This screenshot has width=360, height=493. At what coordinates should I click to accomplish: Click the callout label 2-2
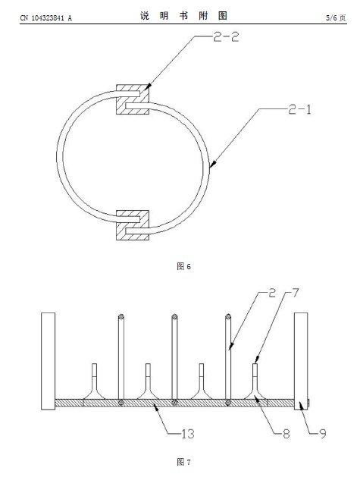pos(226,37)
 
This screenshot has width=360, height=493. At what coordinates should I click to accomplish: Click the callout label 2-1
pos(299,109)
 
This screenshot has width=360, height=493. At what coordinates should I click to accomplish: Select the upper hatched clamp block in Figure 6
pos(133,99)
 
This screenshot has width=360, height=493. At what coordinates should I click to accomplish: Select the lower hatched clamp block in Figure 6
pos(133,225)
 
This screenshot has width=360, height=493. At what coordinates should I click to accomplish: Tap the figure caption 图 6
pos(183,267)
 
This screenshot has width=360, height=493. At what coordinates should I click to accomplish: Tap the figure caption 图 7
pos(183,462)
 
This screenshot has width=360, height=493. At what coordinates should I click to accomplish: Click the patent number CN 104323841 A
pos(46,18)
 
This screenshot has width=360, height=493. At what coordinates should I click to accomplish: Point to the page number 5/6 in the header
pos(331,18)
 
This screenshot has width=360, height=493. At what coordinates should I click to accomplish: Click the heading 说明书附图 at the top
pos(183,16)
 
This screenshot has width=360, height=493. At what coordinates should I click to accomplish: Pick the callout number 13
pos(188,434)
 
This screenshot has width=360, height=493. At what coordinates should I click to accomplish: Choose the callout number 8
pos(286,434)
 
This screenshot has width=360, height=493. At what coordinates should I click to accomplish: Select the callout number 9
pos(323,434)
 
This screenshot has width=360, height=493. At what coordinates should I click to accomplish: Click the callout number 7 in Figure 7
pos(296,293)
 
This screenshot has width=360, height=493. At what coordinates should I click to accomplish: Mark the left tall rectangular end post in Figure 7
pos(48,361)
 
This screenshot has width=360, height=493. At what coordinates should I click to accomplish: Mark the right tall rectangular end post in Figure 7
pos(301,361)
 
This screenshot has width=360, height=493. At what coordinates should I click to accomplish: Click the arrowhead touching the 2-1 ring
pos(212,164)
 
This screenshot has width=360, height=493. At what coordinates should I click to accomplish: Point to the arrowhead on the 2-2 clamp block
pos(149,86)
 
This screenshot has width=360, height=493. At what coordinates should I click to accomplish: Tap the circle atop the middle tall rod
pos(174,316)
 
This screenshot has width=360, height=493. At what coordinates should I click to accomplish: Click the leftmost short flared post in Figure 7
pos(94,382)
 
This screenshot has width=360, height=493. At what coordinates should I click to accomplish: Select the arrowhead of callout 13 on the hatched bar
pos(156,406)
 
